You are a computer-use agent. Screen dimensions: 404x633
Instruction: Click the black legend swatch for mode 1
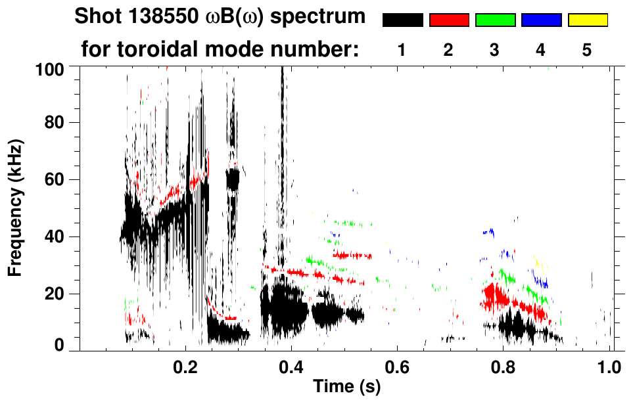coord(402,20)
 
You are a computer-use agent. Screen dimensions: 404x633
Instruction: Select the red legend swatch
coord(449,20)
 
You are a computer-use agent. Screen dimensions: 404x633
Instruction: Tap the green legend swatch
coord(495,20)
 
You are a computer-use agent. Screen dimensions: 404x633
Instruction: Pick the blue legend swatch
coord(541,20)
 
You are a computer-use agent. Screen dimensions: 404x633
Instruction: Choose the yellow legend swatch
coord(587,20)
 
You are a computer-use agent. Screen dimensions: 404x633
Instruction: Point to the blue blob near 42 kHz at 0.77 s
coord(488,232)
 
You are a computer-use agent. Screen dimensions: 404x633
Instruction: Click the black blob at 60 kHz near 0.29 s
coord(233,178)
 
